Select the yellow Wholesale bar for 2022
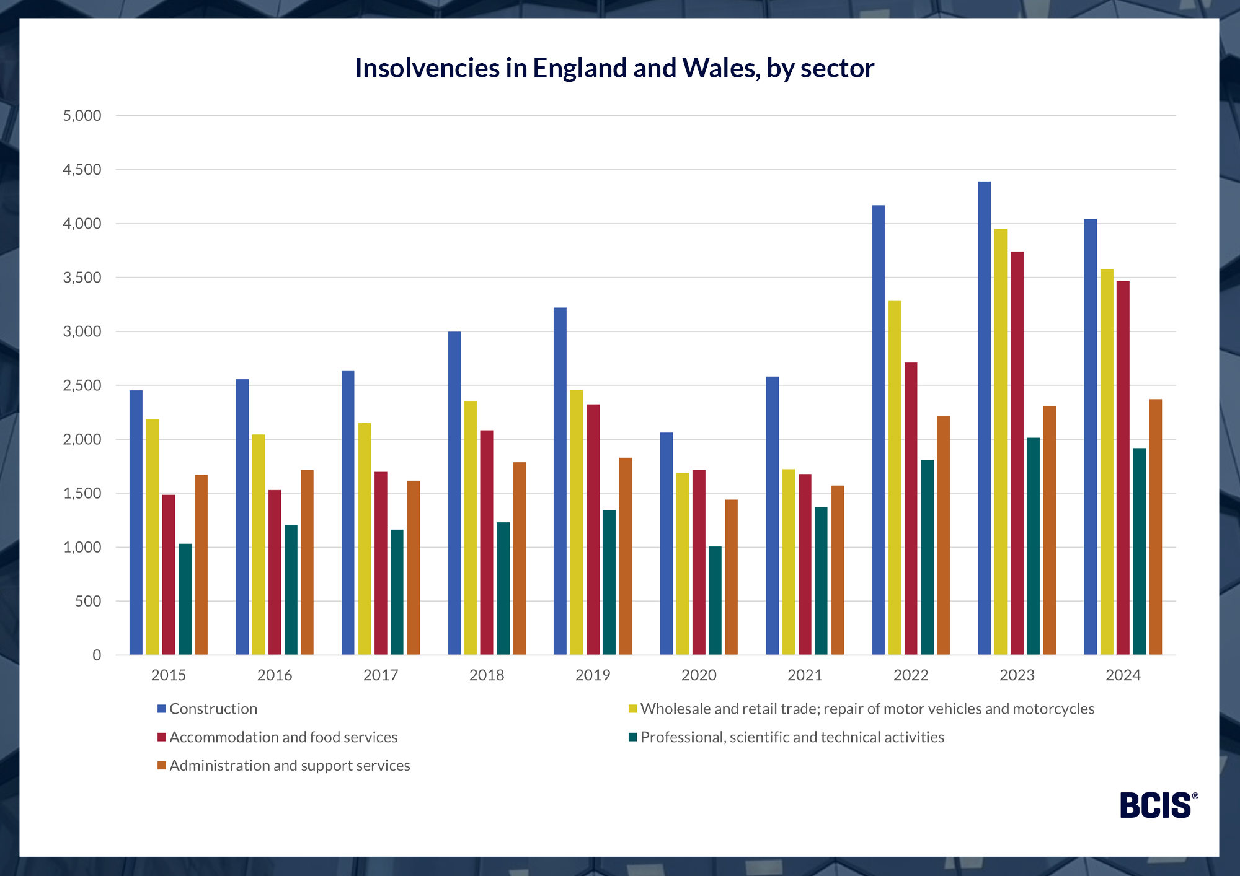pyautogui.click(x=895, y=478)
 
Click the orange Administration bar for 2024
pyautogui.click(x=1156, y=527)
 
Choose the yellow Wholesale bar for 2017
pyautogui.click(x=365, y=538)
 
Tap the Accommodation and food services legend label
pyautogui.click(x=283, y=737)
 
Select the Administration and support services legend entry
pyautogui.click(x=289, y=766)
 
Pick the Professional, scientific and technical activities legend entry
pyautogui.click(x=792, y=737)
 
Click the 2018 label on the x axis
pyautogui.click(x=487, y=675)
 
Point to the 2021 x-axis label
pyautogui.click(x=805, y=675)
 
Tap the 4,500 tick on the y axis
pyautogui.click(x=82, y=170)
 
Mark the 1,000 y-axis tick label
pyautogui.click(x=82, y=548)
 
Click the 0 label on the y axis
pyautogui.click(x=97, y=655)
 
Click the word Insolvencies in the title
pyautogui.click(x=427, y=68)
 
